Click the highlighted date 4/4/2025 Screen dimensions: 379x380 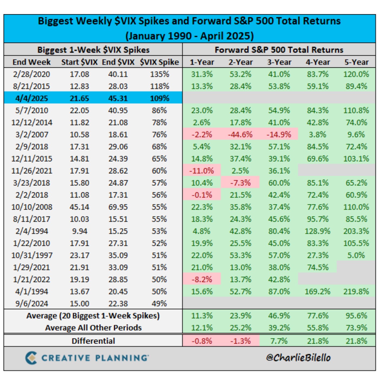[x=32, y=98]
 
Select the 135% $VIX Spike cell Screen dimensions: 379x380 [x=159, y=74]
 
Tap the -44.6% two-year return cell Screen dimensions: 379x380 [x=240, y=135]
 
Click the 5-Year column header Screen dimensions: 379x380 [x=356, y=62]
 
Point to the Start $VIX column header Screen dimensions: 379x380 [x=79, y=62]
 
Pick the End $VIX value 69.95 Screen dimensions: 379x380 [x=118, y=207]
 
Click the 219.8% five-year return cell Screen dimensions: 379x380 [x=356, y=292]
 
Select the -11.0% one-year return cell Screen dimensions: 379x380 [x=202, y=171]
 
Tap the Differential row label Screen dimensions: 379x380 [x=93, y=341]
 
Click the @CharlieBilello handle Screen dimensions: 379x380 [x=298, y=358]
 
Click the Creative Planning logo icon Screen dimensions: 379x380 [x=31, y=358]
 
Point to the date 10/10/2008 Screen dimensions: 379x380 [x=32, y=207]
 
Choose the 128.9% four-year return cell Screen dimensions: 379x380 [x=318, y=231]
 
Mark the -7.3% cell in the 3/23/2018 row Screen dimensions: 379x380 [x=240, y=183]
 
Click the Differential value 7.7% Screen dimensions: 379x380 [x=279, y=341]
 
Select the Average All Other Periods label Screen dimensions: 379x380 [x=93, y=328]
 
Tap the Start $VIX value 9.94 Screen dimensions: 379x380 [x=79, y=231]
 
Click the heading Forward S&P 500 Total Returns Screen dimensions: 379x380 [x=279, y=50]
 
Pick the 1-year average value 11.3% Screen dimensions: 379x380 [x=202, y=316]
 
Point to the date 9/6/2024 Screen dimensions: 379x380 [x=32, y=304]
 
